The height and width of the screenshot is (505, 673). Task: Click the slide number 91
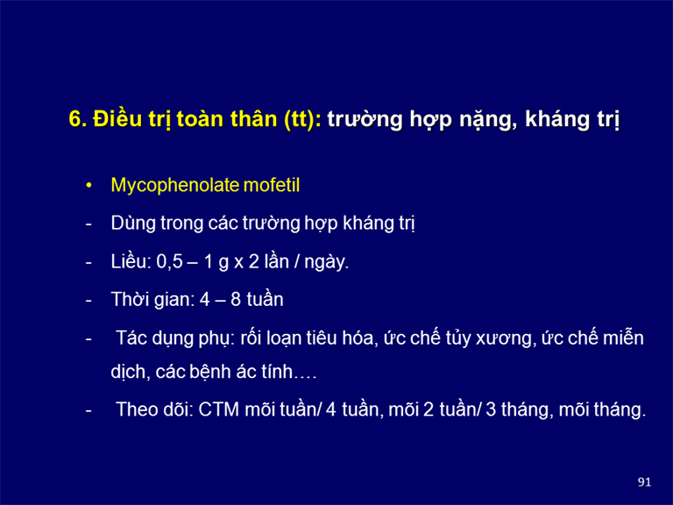(x=644, y=482)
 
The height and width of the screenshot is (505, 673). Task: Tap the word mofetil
(x=272, y=185)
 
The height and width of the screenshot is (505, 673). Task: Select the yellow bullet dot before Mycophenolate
(x=89, y=186)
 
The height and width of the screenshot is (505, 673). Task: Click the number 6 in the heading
(x=74, y=119)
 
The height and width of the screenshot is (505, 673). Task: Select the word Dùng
(x=133, y=224)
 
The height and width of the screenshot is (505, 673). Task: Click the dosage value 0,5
(x=169, y=261)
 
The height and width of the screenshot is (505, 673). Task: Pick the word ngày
(x=326, y=261)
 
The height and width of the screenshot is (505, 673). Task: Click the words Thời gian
(x=152, y=299)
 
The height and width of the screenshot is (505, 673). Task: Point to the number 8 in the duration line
(x=236, y=299)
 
